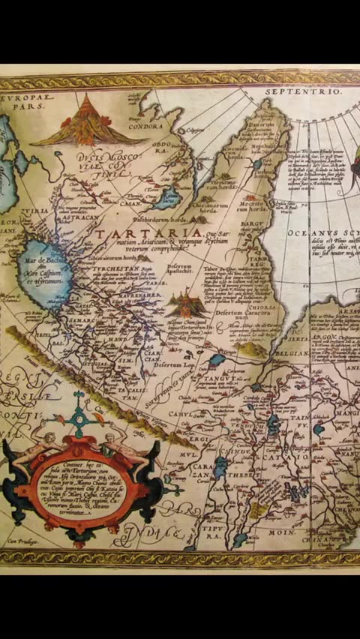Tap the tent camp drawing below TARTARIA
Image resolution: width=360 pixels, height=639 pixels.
pyautogui.click(x=187, y=304)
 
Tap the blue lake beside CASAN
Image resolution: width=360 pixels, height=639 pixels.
pyautogui.click(x=166, y=199)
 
